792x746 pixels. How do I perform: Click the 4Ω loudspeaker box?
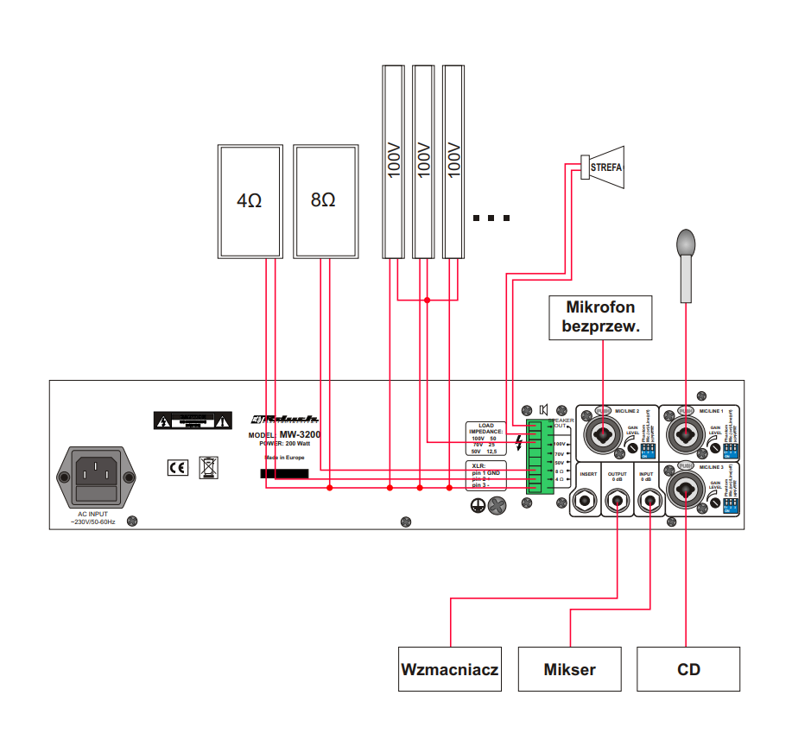(250, 200)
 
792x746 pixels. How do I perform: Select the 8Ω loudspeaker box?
(325, 200)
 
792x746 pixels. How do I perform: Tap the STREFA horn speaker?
(607, 167)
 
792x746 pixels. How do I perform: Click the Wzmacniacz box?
(450, 669)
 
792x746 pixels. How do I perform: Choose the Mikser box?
(569, 669)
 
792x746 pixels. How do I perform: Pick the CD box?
(688, 669)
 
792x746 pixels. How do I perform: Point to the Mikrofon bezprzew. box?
(599, 317)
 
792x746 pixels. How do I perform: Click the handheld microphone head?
(687, 243)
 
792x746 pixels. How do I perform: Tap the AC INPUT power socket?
(97, 477)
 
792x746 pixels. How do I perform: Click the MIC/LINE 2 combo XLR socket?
(604, 432)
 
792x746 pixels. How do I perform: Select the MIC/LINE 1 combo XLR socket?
(686, 432)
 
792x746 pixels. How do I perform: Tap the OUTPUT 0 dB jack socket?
(618, 499)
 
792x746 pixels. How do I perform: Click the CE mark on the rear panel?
(177, 468)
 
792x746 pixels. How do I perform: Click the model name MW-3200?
(299, 434)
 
